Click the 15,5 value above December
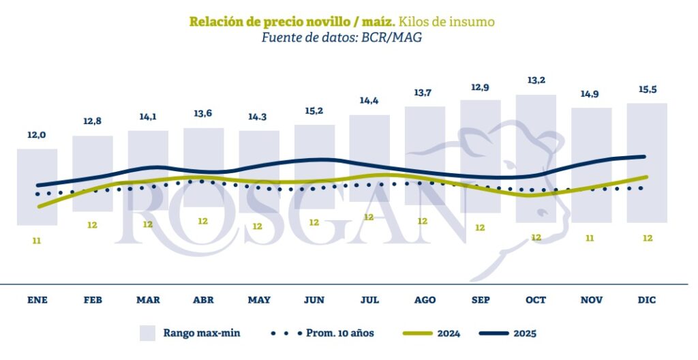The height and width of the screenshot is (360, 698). [x=648, y=89]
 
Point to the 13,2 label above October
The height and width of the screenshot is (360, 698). [x=536, y=80]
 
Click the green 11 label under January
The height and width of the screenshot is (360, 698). [x=37, y=240]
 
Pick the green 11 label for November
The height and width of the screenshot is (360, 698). [x=590, y=238]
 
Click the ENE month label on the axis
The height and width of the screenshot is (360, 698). [x=37, y=300]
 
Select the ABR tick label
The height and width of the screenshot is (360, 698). [x=203, y=300]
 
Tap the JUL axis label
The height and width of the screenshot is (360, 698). [x=369, y=300]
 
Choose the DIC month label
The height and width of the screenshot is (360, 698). [x=646, y=300]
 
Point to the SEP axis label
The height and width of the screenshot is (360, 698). [x=480, y=300]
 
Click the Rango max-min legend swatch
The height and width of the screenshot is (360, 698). [x=148, y=333]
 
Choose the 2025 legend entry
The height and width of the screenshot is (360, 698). [x=525, y=333]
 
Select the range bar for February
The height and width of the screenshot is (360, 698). [x=93, y=173]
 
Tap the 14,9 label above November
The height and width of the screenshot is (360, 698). [x=591, y=94]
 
